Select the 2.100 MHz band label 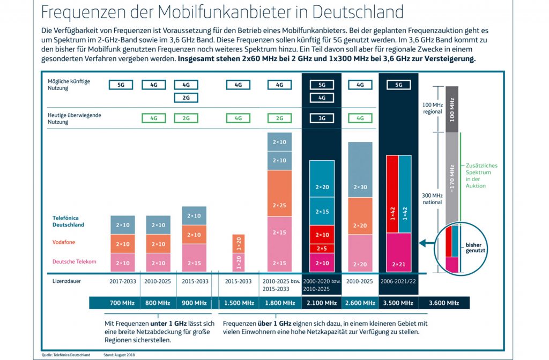322,303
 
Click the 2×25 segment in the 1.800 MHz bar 279,206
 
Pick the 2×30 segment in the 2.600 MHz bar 360,187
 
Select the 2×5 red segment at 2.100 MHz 322,248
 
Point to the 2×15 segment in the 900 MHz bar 194,263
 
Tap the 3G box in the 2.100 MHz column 322,118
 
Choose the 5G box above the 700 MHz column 121,85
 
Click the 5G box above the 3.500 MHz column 399,85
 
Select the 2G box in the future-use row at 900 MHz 186,97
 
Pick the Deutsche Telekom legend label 75,261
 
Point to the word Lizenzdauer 64,280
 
